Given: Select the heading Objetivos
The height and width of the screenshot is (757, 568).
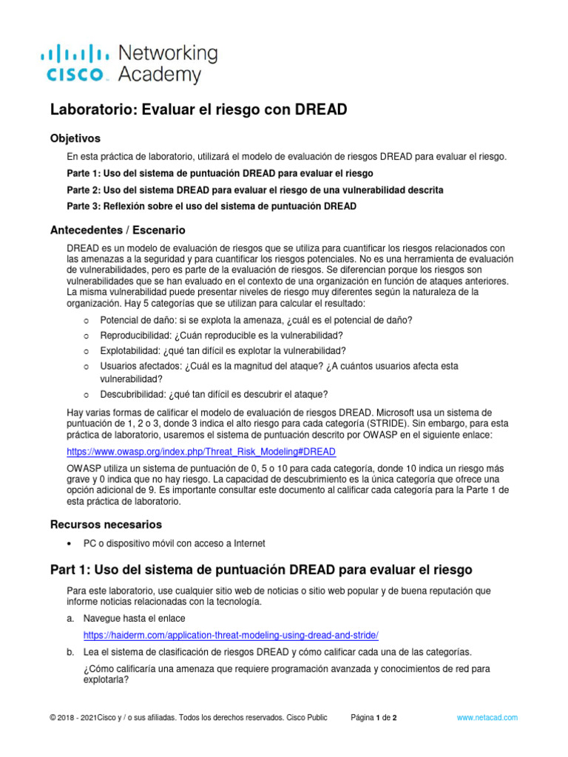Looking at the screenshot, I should (75, 138).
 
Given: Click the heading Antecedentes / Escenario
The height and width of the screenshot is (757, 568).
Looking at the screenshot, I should (117, 230).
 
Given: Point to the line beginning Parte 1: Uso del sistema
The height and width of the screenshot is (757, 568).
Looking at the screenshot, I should (209, 174).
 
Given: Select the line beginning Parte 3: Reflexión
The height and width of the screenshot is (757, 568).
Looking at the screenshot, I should (212, 206).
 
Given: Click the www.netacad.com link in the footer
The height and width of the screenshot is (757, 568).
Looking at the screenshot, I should (487, 718).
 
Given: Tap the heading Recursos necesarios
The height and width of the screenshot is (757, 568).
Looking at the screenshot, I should (105, 524).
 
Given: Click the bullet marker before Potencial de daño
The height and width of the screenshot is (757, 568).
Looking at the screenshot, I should (87, 320).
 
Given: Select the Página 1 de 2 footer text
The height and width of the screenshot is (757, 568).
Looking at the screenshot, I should (374, 718).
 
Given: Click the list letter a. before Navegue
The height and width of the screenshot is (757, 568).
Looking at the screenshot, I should (70, 617).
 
